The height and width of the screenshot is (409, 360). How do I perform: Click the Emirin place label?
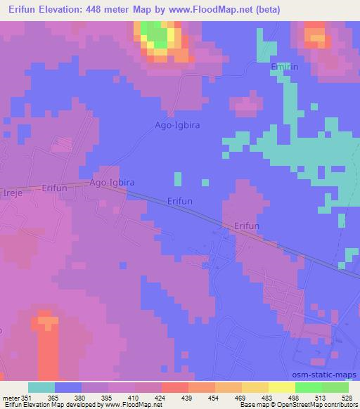(285, 66)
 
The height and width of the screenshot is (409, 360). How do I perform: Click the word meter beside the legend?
(11, 397)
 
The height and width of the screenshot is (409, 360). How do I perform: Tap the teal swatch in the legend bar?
(41, 387)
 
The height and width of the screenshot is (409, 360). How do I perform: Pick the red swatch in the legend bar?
(175, 387)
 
